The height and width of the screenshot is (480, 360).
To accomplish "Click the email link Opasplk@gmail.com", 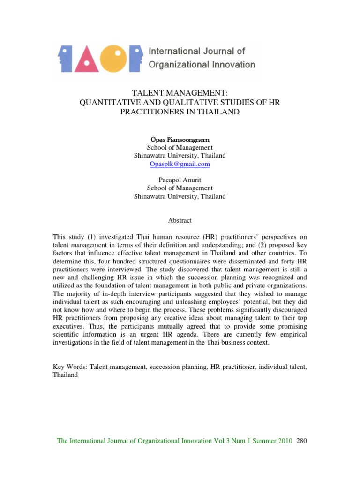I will (x=180, y=164).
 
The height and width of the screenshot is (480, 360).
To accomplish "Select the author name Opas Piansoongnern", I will (x=180, y=139).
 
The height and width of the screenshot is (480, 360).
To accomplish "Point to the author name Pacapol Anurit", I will (x=180, y=180).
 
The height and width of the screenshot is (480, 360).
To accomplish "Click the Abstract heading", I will (x=180, y=220).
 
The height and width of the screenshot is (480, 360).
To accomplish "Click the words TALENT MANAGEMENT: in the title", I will (x=180, y=93).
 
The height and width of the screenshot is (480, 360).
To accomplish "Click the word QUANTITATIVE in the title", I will (x=108, y=102).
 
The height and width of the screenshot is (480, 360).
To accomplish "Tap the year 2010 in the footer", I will (x=285, y=441).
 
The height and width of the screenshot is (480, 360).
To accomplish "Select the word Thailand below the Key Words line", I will (x=66, y=376).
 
